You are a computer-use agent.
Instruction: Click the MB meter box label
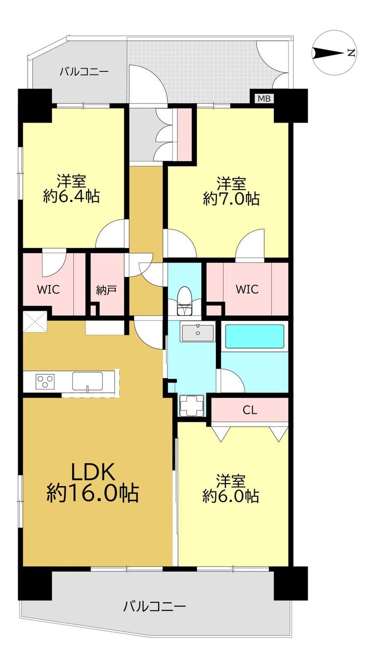click(x=264, y=99)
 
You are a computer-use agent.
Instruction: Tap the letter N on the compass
click(x=351, y=53)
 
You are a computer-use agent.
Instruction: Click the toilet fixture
click(x=184, y=301)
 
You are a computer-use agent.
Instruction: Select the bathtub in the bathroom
click(x=254, y=336)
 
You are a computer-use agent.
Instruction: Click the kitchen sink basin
click(x=87, y=382)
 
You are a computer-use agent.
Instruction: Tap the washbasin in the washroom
click(x=198, y=333)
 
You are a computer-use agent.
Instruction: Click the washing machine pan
click(x=191, y=405)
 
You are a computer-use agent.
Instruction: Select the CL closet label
click(x=250, y=410)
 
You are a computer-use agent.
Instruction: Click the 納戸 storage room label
click(x=106, y=291)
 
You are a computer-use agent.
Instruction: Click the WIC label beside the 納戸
click(x=48, y=290)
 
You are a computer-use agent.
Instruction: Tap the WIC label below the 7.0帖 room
click(x=247, y=289)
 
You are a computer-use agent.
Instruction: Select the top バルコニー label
click(x=84, y=72)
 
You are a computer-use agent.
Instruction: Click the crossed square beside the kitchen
click(x=35, y=321)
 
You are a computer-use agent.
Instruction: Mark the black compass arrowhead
click(x=329, y=53)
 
